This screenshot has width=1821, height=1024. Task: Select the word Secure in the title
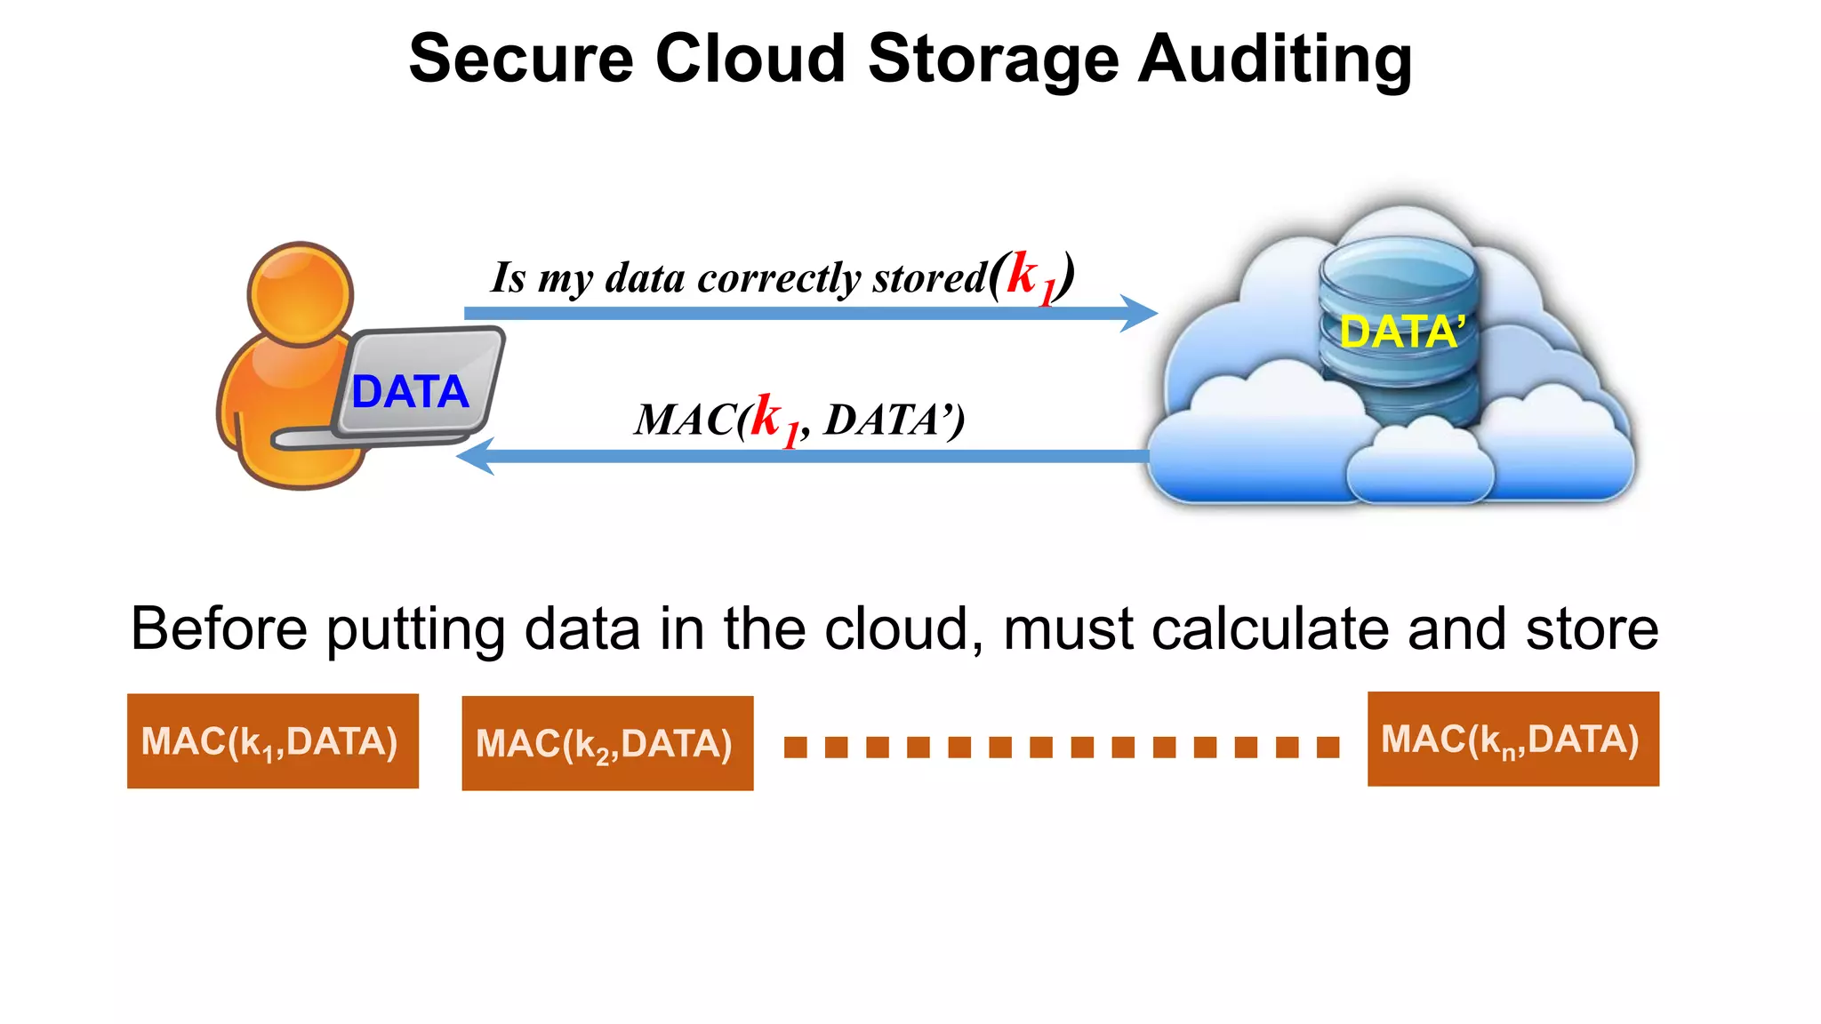click(x=521, y=59)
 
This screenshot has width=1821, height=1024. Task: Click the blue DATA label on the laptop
click(x=410, y=392)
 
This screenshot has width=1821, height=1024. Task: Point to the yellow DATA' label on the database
click(x=1401, y=332)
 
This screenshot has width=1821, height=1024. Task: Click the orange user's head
click(x=301, y=293)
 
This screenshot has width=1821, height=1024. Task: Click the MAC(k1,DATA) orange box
click(x=273, y=741)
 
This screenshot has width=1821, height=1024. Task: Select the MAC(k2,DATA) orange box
click(x=607, y=743)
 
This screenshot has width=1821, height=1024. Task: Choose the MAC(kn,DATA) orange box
click(x=1512, y=740)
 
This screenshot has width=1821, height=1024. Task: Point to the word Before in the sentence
click(x=219, y=629)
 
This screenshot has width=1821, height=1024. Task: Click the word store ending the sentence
click(x=1592, y=629)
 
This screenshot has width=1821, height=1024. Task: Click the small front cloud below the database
click(x=1419, y=467)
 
